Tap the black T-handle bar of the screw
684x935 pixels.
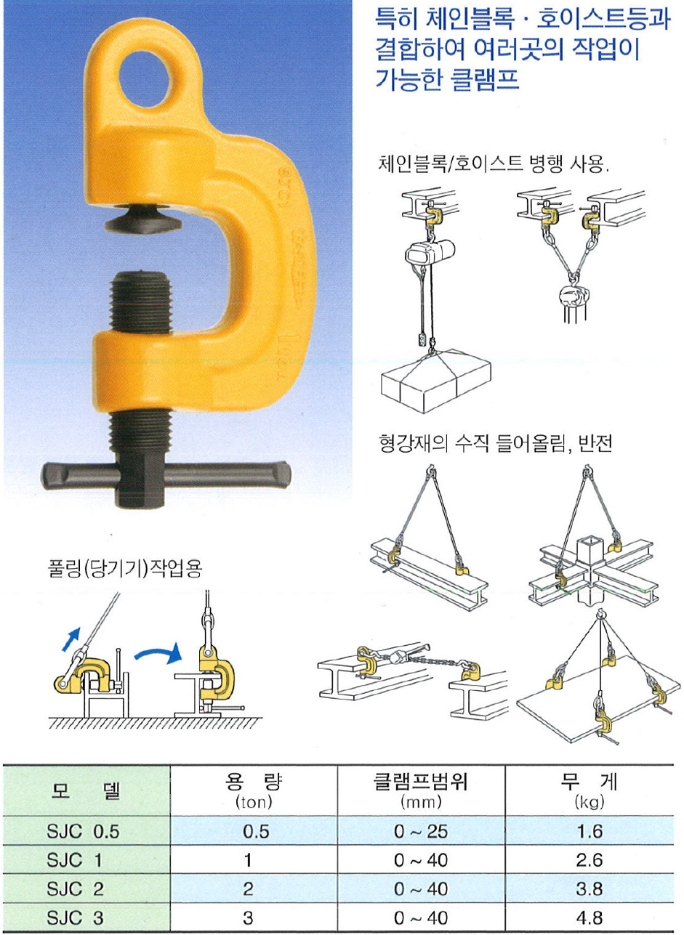click(x=166, y=475)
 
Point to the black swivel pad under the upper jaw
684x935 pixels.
click(x=143, y=220)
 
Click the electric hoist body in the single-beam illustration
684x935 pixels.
click(x=430, y=254)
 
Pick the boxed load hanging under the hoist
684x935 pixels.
click(x=436, y=380)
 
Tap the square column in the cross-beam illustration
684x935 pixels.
click(x=590, y=570)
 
